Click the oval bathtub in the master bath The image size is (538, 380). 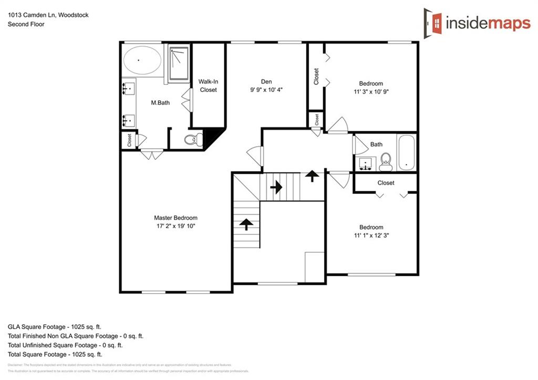[x=142, y=60]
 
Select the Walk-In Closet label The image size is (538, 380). [x=208, y=86]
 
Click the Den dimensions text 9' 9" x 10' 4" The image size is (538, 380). [x=266, y=90]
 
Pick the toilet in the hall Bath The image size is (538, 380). [x=386, y=161]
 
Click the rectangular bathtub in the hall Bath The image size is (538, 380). [x=407, y=152]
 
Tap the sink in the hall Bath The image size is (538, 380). [x=366, y=163]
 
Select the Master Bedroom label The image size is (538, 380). [x=175, y=218]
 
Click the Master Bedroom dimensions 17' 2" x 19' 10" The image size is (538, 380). [x=175, y=226]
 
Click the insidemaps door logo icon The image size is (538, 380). [x=433, y=23]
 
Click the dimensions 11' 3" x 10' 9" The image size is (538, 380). [x=371, y=91]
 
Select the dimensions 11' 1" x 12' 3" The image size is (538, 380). [x=371, y=235]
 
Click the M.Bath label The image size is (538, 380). [x=160, y=103]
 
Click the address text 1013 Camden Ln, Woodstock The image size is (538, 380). [x=48, y=15]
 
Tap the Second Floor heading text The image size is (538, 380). [x=26, y=24]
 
